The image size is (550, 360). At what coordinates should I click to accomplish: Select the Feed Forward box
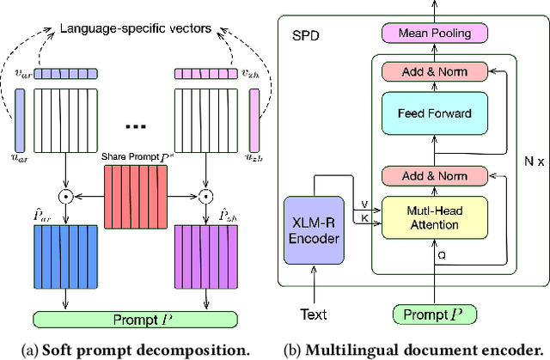click(x=434, y=112)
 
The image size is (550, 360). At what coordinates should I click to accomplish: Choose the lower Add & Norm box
click(x=434, y=174)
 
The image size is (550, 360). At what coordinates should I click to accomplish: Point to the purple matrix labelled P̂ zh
click(x=206, y=258)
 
